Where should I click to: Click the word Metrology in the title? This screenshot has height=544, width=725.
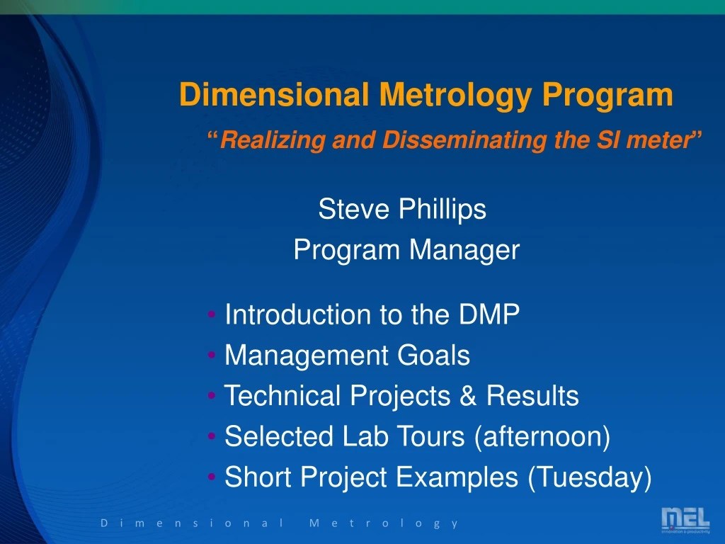tap(453, 95)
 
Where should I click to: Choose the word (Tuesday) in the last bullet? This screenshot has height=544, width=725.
tap(589, 478)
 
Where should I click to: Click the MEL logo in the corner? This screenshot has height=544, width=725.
tap(685, 521)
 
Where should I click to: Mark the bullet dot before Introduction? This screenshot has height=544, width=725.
tap(213, 315)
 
